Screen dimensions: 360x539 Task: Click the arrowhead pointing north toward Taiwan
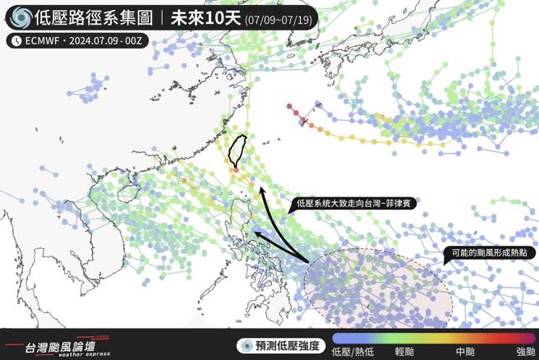[x=262, y=191]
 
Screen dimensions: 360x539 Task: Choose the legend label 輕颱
[x=405, y=352]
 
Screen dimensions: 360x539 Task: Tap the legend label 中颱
[x=464, y=352]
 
